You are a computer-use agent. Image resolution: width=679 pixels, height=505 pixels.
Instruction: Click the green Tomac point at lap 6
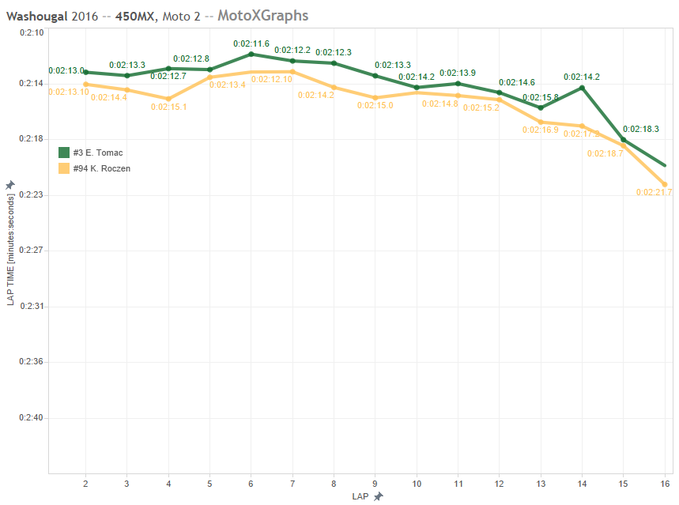[251, 54]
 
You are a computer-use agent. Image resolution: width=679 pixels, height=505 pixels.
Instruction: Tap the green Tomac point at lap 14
[582, 87]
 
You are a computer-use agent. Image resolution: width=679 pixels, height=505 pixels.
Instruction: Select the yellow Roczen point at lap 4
[168, 99]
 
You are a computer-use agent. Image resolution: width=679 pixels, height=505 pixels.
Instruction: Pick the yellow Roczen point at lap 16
[665, 185]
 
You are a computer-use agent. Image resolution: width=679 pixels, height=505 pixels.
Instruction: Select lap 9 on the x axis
[375, 482]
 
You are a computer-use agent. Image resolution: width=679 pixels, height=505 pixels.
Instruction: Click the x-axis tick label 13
[541, 482]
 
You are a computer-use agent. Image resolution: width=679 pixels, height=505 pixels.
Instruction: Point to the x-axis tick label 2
[85, 482]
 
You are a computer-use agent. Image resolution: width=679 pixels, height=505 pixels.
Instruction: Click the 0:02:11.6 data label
[251, 43]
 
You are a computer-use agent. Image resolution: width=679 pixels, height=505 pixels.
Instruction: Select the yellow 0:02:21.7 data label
[654, 193]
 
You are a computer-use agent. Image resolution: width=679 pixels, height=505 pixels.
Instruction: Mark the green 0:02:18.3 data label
[640, 129]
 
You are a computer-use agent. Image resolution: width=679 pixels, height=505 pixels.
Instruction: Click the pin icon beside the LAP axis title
[378, 496]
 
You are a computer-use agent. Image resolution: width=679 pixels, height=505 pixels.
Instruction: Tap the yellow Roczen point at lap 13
[541, 122]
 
